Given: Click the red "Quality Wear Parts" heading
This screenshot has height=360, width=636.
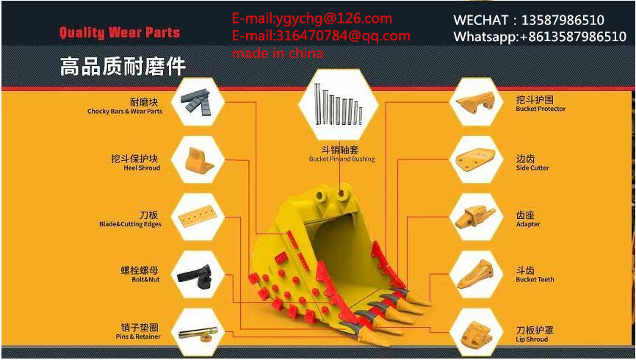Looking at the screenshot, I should tap(119, 32).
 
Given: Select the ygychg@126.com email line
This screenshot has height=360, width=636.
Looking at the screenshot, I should tap(312, 18).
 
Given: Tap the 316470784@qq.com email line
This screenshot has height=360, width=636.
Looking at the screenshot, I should tap(321, 35).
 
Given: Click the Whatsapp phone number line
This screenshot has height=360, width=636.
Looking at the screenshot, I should tap(540, 37).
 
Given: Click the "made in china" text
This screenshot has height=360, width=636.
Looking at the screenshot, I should tap(278, 53).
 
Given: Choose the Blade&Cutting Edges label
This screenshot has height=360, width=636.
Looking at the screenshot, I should tap(130, 224).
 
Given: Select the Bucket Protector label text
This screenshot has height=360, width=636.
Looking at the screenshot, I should tap(541, 109).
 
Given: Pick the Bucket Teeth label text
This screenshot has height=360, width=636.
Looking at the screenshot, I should tap(535, 279).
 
